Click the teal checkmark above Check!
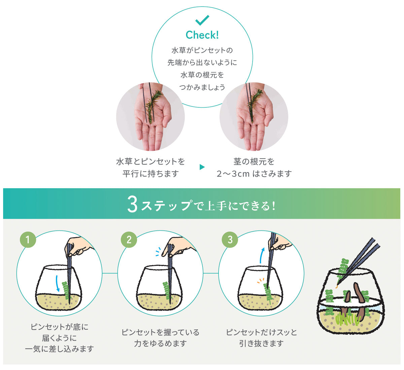pos(202,20)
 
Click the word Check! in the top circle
pos(202,35)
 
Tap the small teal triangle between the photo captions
pos(202,167)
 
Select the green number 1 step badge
pos(28,239)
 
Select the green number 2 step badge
pos(129,239)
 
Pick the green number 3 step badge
pos(230,239)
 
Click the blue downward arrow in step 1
pos(57,284)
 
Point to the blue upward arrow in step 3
pos(262,255)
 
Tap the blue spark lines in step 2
pos(158,252)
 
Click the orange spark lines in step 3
pos(261,281)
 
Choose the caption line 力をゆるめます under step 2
pos(160,343)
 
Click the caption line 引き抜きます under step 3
pos(261,343)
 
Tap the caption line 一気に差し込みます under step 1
pos(59,349)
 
